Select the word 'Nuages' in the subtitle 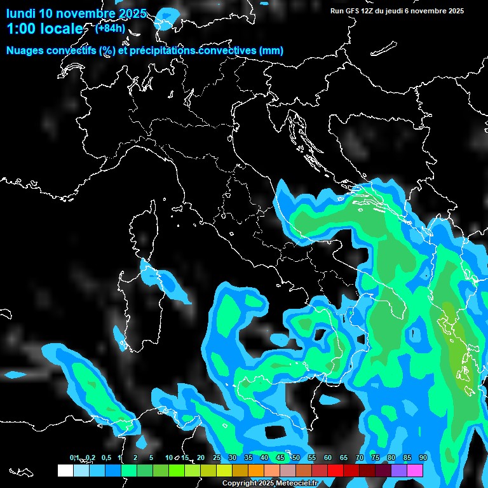click(x=25, y=51)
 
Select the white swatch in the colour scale click(x=65, y=470)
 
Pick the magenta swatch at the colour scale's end click(x=415, y=470)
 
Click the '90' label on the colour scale click(x=423, y=457)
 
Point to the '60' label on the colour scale click(x=328, y=457)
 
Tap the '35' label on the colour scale click(x=248, y=457)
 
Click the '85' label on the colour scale click(x=407, y=457)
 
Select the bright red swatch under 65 click(x=335, y=470)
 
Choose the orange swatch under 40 click(x=256, y=470)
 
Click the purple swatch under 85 click(x=399, y=470)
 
